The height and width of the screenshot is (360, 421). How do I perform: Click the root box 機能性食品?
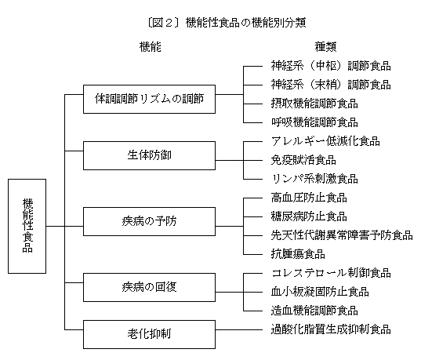coord(27,226)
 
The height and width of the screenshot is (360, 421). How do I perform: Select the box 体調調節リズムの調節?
coord(149,99)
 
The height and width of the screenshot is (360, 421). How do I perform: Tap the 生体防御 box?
coord(149,155)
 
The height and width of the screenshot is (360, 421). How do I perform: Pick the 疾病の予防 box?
coord(149,221)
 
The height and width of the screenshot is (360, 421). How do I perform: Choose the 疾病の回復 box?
coord(149,287)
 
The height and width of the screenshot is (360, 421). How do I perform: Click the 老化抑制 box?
coord(149,334)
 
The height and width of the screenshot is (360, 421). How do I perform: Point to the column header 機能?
coord(150,47)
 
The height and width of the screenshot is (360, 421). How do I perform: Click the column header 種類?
coord(325,47)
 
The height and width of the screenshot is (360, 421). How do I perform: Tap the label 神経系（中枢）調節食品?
coord(331,66)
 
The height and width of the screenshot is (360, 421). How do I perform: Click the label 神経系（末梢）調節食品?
coord(331,85)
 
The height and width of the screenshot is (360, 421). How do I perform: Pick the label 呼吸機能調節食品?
coord(314,122)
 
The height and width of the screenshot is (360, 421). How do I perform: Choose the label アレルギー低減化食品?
coord(325,141)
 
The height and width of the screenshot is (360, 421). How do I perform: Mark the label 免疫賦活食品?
coord(303,160)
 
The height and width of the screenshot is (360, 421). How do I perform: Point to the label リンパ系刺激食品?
coord(314,179)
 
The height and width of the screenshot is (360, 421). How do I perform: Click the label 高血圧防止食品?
coord(309,198)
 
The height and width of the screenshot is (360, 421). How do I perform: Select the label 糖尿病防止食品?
coord(309,216)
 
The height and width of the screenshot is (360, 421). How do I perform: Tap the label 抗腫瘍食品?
coord(298,254)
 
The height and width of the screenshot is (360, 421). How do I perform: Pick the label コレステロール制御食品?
coord(331,273)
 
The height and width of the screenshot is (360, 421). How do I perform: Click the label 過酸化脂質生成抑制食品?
coord(331,329)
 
